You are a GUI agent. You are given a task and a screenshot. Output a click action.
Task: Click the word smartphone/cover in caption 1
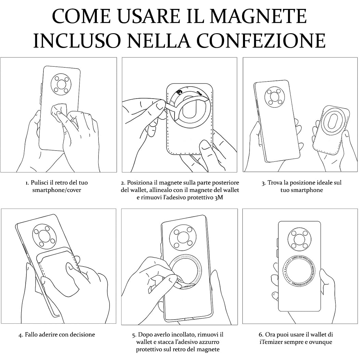point(57,190)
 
